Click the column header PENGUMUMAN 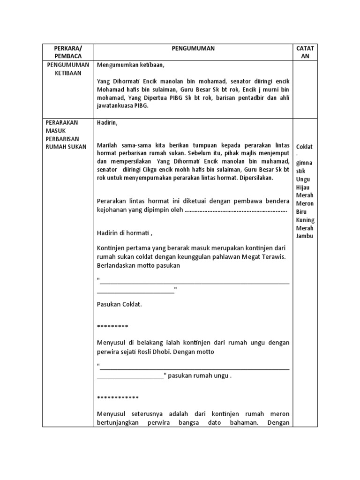click(193, 47)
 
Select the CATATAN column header click(305, 52)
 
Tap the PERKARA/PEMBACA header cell click(68, 52)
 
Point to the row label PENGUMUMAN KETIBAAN click(68, 69)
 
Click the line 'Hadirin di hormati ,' click(125, 233)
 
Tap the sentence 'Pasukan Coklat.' click(119, 304)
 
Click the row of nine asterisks click(112, 326)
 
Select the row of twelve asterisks click(118, 398)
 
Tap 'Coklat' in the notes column click(305, 147)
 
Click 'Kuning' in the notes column click(305, 220)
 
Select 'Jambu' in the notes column click(305, 236)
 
